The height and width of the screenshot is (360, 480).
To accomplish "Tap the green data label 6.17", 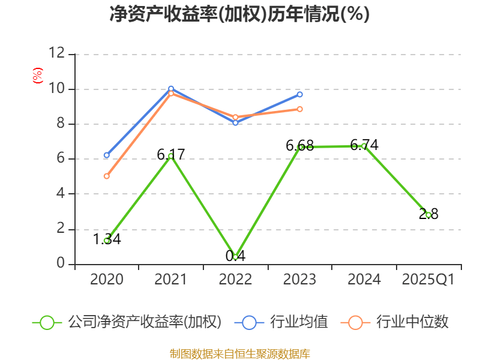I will click(x=171, y=154).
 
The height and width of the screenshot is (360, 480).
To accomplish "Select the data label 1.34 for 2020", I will click(x=107, y=239).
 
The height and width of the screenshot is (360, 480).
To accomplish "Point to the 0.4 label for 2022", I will click(x=235, y=256).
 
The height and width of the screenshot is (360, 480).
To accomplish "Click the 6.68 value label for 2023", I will click(x=299, y=145).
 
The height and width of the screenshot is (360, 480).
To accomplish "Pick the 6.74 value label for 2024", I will click(x=364, y=145).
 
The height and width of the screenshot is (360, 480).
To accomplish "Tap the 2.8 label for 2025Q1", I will click(x=428, y=214).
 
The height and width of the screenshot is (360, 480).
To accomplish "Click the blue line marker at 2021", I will click(x=171, y=89).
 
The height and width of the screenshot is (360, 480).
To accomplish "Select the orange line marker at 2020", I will click(x=106, y=176).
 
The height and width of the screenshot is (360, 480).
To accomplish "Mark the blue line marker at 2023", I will click(x=299, y=94).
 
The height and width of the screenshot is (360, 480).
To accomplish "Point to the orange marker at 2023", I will click(x=299, y=109).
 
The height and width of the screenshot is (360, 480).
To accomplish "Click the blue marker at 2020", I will click(x=106, y=155).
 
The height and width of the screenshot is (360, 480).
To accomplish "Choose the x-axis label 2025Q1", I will click(x=428, y=280).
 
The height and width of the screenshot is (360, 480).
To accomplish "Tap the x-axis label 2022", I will click(x=235, y=280).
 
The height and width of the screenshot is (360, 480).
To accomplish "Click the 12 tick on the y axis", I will click(x=57, y=53).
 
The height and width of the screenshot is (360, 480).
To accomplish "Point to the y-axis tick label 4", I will click(x=61, y=194).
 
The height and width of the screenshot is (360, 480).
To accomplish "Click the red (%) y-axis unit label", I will click(x=37, y=75).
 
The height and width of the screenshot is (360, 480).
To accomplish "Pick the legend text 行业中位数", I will click(x=412, y=322).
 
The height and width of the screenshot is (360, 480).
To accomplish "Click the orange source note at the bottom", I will click(x=239, y=353).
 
